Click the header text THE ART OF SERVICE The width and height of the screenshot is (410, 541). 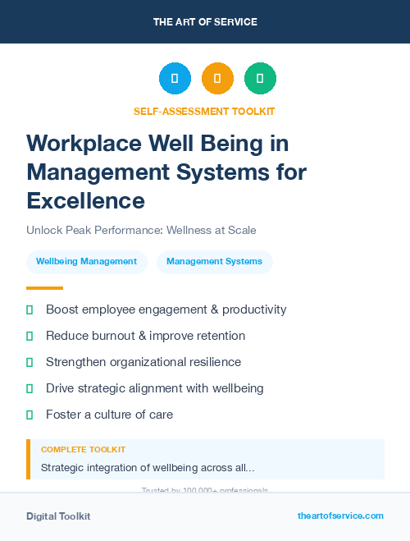coord(205,22)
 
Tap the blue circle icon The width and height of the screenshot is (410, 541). coord(175,79)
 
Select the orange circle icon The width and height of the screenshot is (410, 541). coord(217,79)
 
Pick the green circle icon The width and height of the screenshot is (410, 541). coord(260,79)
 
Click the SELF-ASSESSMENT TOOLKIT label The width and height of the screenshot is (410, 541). coord(204,111)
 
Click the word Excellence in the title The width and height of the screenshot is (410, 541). coord(85,200)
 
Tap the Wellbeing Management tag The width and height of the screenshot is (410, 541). coord(86,262)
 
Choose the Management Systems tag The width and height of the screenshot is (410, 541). coord(214,262)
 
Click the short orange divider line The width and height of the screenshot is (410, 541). coord(44,288)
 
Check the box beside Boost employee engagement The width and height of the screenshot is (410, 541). coord(30,309)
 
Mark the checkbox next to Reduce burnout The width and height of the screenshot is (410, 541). coord(30,336)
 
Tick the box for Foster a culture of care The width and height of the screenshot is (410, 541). coord(30,415)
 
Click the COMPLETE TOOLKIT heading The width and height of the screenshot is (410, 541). coord(83,450)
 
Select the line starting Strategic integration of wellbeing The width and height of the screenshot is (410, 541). coord(148,468)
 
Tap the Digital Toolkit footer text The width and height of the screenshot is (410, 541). coord(58,516)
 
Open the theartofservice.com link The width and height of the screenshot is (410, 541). coord(340,516)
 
